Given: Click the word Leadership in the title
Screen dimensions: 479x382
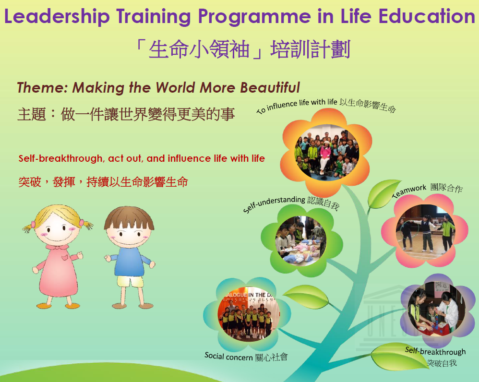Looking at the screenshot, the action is click(57, 17).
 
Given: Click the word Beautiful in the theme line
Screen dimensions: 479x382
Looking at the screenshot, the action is click(270, 87).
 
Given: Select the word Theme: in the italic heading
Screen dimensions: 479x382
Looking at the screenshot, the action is click(42, 88).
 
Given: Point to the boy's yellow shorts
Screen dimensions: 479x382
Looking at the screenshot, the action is click(130, 281).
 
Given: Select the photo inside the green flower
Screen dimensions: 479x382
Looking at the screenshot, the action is click(301, 240).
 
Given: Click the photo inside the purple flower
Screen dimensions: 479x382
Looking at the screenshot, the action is click(433, 309).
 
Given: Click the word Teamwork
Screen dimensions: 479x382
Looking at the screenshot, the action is click(409, 191).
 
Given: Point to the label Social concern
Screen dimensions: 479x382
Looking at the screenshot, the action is click(228, 357).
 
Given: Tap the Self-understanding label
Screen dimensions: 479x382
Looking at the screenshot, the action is click(274, 203).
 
